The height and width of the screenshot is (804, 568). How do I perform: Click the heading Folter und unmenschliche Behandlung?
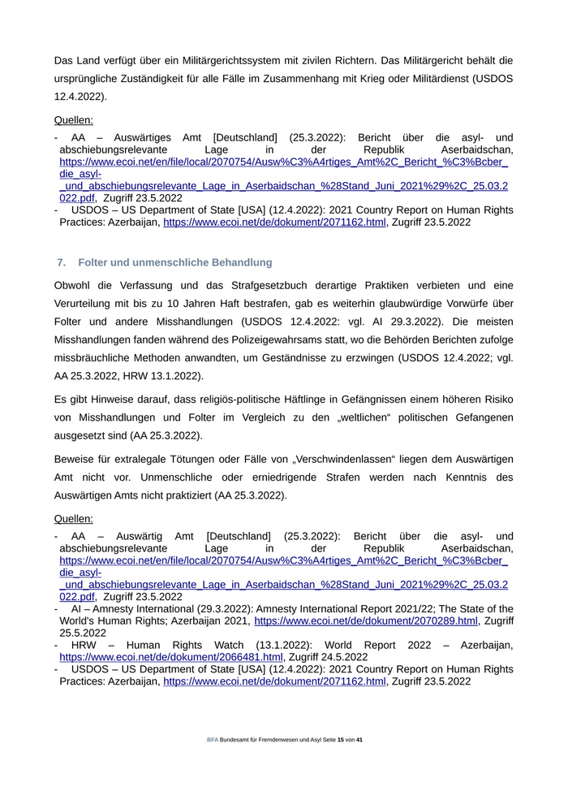[175, 262]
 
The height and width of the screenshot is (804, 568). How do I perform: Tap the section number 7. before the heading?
[62, 262]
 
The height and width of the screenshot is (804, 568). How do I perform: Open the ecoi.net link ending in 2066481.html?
[171, 657]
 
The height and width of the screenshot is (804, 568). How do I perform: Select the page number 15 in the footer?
[341, 741]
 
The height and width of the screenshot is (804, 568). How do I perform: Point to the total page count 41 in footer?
[359, 741]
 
